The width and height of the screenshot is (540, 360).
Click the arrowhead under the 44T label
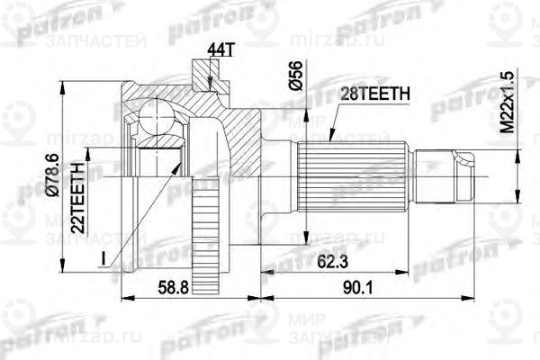(208, 85)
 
